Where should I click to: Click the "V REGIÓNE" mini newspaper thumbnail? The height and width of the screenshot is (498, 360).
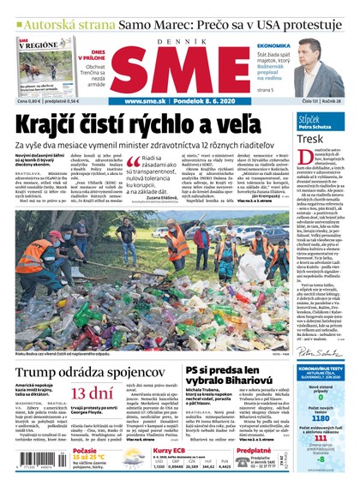click(43, 67)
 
